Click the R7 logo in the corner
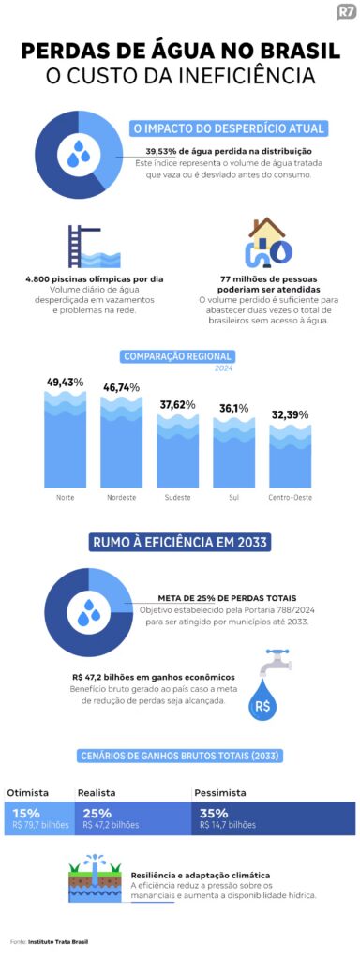coord(346,13)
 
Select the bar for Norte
coord(66,439)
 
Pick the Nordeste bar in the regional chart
coord(121,442)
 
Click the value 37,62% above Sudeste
coord(177,405)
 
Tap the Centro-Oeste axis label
coord(291,497)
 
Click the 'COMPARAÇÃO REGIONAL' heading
coord(177,356)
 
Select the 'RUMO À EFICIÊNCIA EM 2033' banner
coord(180,543)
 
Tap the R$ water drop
coord(262,700)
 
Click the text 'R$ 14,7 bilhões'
coord(228,825)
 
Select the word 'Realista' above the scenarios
coord(97,793)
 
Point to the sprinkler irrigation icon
coord(95,878)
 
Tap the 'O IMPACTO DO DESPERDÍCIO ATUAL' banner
coord(228,128)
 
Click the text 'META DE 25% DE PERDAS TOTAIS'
coord(227,597)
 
